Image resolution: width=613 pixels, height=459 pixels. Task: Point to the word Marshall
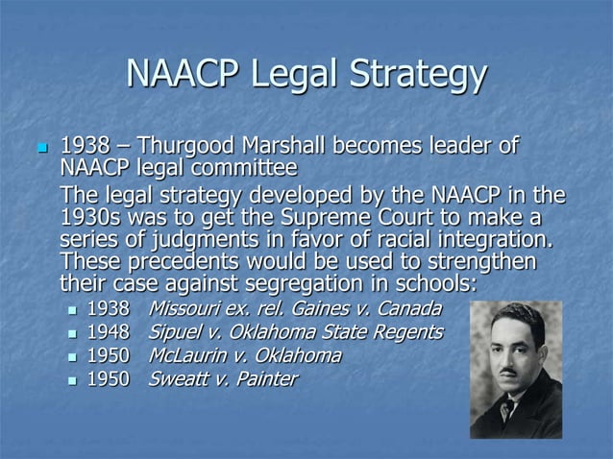click(x=281, y=148)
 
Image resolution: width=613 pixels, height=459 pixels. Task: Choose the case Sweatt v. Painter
click(x=222, y=379)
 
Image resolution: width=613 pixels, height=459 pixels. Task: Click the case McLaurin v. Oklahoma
click(x=244, y=355)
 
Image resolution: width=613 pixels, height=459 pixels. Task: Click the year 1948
click(x=107, y=332)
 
